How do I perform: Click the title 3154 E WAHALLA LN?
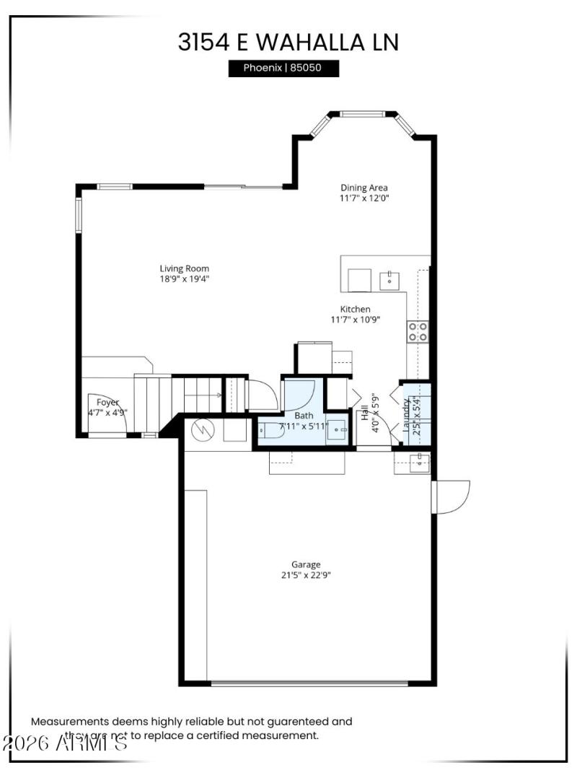click(x=288, y=42)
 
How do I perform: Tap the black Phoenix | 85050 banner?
click(x=283, y=69)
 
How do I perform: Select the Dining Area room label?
click(x=364, y=188)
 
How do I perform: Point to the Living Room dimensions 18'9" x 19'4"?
click(x=185, y=279)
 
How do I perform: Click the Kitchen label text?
click(x=356, y=309)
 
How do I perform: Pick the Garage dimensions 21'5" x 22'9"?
click(x=306, y=575)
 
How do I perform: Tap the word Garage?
click(x=306, y=564)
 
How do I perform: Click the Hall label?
click(x=365, y=412)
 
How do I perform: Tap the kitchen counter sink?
click(x=389, y=279)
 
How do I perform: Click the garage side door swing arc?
click(x=453, y=497)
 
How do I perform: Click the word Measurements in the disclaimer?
click(x=69, y=721)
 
